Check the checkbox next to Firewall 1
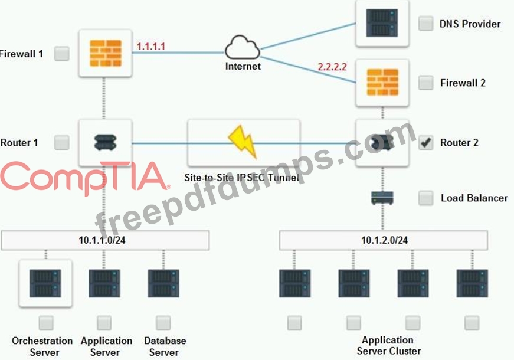[61, 54]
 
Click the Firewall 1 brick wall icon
[105, 53]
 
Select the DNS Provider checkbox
[425, 24]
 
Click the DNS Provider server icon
[381, 23]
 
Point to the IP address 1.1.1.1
[151, 46]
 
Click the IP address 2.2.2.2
[332, 67]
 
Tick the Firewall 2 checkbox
[425, 83]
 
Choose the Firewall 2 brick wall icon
[382, 83]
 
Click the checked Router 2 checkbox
[425, 143]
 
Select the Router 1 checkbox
[61, 142]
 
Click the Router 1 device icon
[105, 142]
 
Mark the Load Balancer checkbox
[425, 198]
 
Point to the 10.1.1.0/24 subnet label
[105, 240]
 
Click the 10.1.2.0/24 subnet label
[384, 240]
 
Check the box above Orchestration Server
[45, 323]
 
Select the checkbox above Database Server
[163, 323]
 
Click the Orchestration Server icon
[45, 283]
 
